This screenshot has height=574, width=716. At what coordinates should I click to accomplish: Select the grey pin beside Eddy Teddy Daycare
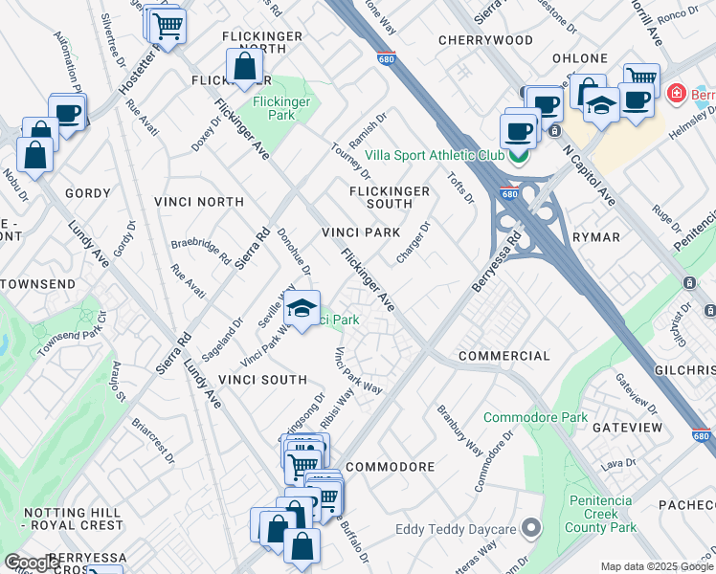click(532, 529)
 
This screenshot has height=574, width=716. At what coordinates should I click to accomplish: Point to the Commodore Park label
click(535, 418)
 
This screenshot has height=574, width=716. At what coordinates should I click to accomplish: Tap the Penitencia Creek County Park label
click(601, 514)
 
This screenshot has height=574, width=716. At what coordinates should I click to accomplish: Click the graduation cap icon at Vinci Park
click(302, 310)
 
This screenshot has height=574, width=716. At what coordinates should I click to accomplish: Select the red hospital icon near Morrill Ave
click(676, 94)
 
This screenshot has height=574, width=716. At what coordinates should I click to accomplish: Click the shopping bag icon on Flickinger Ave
click(245, 68)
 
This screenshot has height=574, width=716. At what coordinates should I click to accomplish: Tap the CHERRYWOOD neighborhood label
click(485, 40)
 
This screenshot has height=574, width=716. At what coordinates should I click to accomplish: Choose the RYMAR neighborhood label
click(596, 237)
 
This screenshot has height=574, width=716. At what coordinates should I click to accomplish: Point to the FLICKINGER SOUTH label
click(389, 197)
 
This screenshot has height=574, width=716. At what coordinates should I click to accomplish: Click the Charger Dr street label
click(414, 243)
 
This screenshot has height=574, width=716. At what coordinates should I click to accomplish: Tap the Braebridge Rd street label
click(201, 252)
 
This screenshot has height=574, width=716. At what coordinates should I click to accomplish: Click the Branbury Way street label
click(459, 430)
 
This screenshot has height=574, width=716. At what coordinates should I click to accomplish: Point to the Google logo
click(32, 563)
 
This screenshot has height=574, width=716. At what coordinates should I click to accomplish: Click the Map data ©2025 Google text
click(656, 566)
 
